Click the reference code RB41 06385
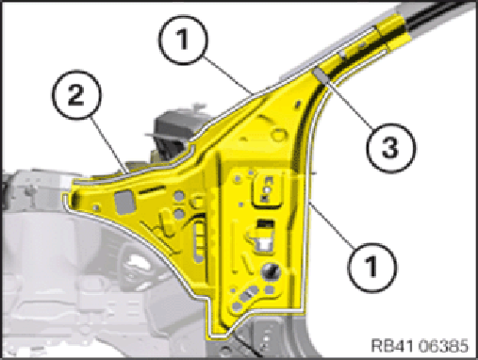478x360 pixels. coord(420,346)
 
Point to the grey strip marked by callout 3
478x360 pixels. coord(321,76)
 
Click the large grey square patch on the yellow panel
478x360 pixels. coord(125,203)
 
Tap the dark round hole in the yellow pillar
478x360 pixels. coord(270,271)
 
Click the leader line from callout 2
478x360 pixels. coord(109,144)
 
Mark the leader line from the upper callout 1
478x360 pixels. coord(225,75)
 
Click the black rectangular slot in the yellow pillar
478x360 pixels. coord(266,223)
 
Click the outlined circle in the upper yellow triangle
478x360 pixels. coord(278,135)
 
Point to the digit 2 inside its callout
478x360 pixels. coord(76,95)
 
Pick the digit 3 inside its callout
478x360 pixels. coord(390,148)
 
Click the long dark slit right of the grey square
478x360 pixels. coord(152,189)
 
